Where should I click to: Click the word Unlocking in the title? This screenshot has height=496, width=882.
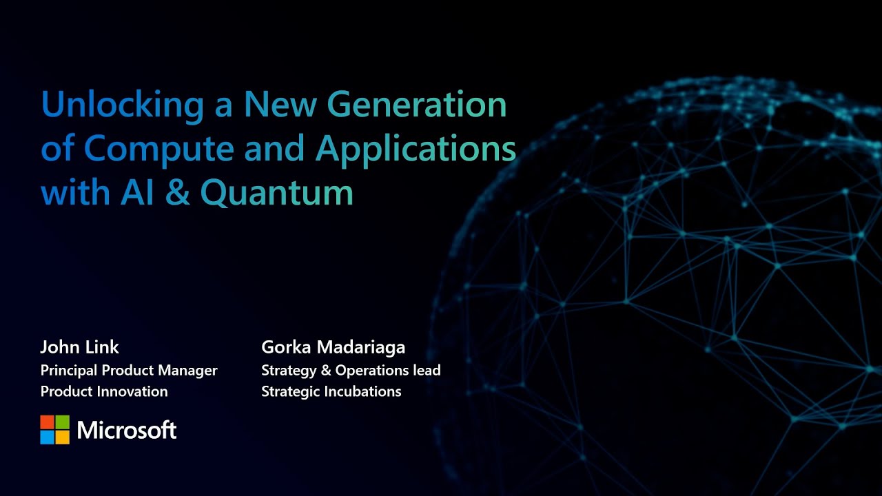pos(122,105)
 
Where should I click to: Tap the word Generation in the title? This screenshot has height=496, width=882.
pos(416,105)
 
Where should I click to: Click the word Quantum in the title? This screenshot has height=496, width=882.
pos(277,194)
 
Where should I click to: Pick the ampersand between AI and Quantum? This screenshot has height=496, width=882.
pos(177,194)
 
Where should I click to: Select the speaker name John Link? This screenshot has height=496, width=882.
pos(80,347)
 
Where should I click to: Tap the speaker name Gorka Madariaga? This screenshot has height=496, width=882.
pos(333,347)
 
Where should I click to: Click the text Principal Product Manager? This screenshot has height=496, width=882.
pos(129,371)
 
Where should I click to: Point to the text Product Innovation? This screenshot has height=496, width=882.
pos(104,391)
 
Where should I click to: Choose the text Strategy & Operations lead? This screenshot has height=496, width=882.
pos(351,371)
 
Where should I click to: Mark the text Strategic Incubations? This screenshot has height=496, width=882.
pos(331,391)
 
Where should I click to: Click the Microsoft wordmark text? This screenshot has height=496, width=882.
pos(127,431)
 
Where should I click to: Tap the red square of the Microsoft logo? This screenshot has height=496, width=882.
pos(47,422)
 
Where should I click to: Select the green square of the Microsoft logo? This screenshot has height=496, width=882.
pos(63,422)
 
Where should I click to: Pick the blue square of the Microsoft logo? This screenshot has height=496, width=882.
pos(47,437)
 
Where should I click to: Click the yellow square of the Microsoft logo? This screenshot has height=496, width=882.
pos(63,437)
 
